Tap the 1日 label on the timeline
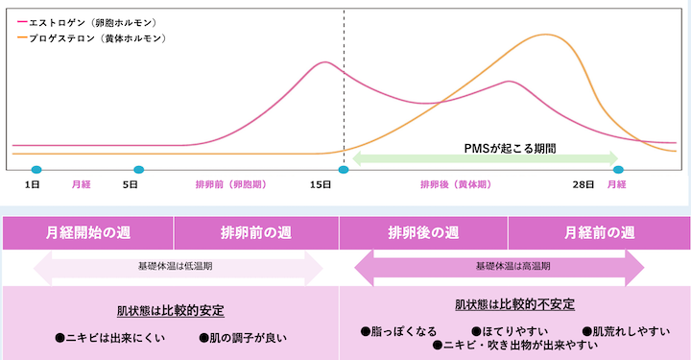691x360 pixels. point(33,182)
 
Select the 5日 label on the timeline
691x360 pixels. point(131,182)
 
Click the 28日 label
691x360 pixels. point(584,182)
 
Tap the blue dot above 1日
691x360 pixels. point(36,170)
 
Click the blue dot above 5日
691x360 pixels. point(139,170)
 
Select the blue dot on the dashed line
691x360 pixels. point(344,170)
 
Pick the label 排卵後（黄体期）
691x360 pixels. point(455,182)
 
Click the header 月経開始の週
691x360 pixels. point(88,232)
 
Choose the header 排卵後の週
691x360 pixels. point(423,232)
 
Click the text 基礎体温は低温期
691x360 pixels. point(177,266)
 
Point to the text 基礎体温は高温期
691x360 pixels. point(500,266)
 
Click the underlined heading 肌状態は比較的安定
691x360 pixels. point(171,311)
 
